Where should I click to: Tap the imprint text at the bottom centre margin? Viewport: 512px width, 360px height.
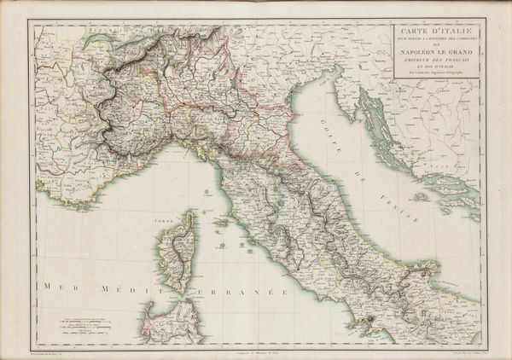pyautogui.click(x=256, y=352)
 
